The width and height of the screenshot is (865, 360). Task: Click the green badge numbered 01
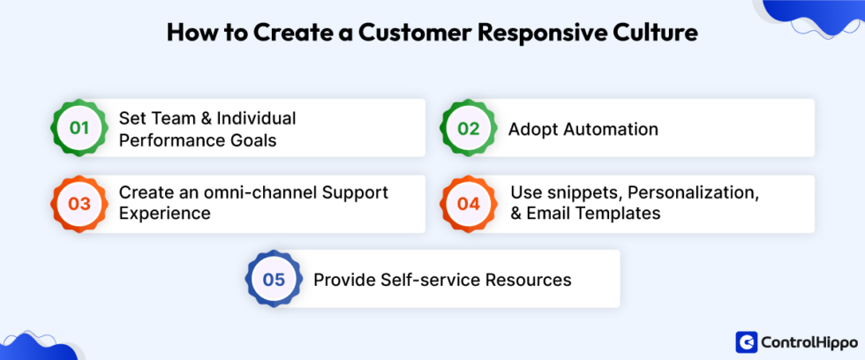pos(80,128)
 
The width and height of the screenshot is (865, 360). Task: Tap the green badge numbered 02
pos(468,128)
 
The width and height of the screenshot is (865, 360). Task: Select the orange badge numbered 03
pos(80,204)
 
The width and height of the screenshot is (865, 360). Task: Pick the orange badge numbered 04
pos(468,204)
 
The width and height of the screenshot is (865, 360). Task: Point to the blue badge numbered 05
pos(274,280)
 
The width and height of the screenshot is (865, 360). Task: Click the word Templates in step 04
pos(621,214)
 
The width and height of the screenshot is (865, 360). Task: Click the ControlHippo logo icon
pos(745,341)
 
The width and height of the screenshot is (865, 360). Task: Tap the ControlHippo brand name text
pos(802,341)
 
